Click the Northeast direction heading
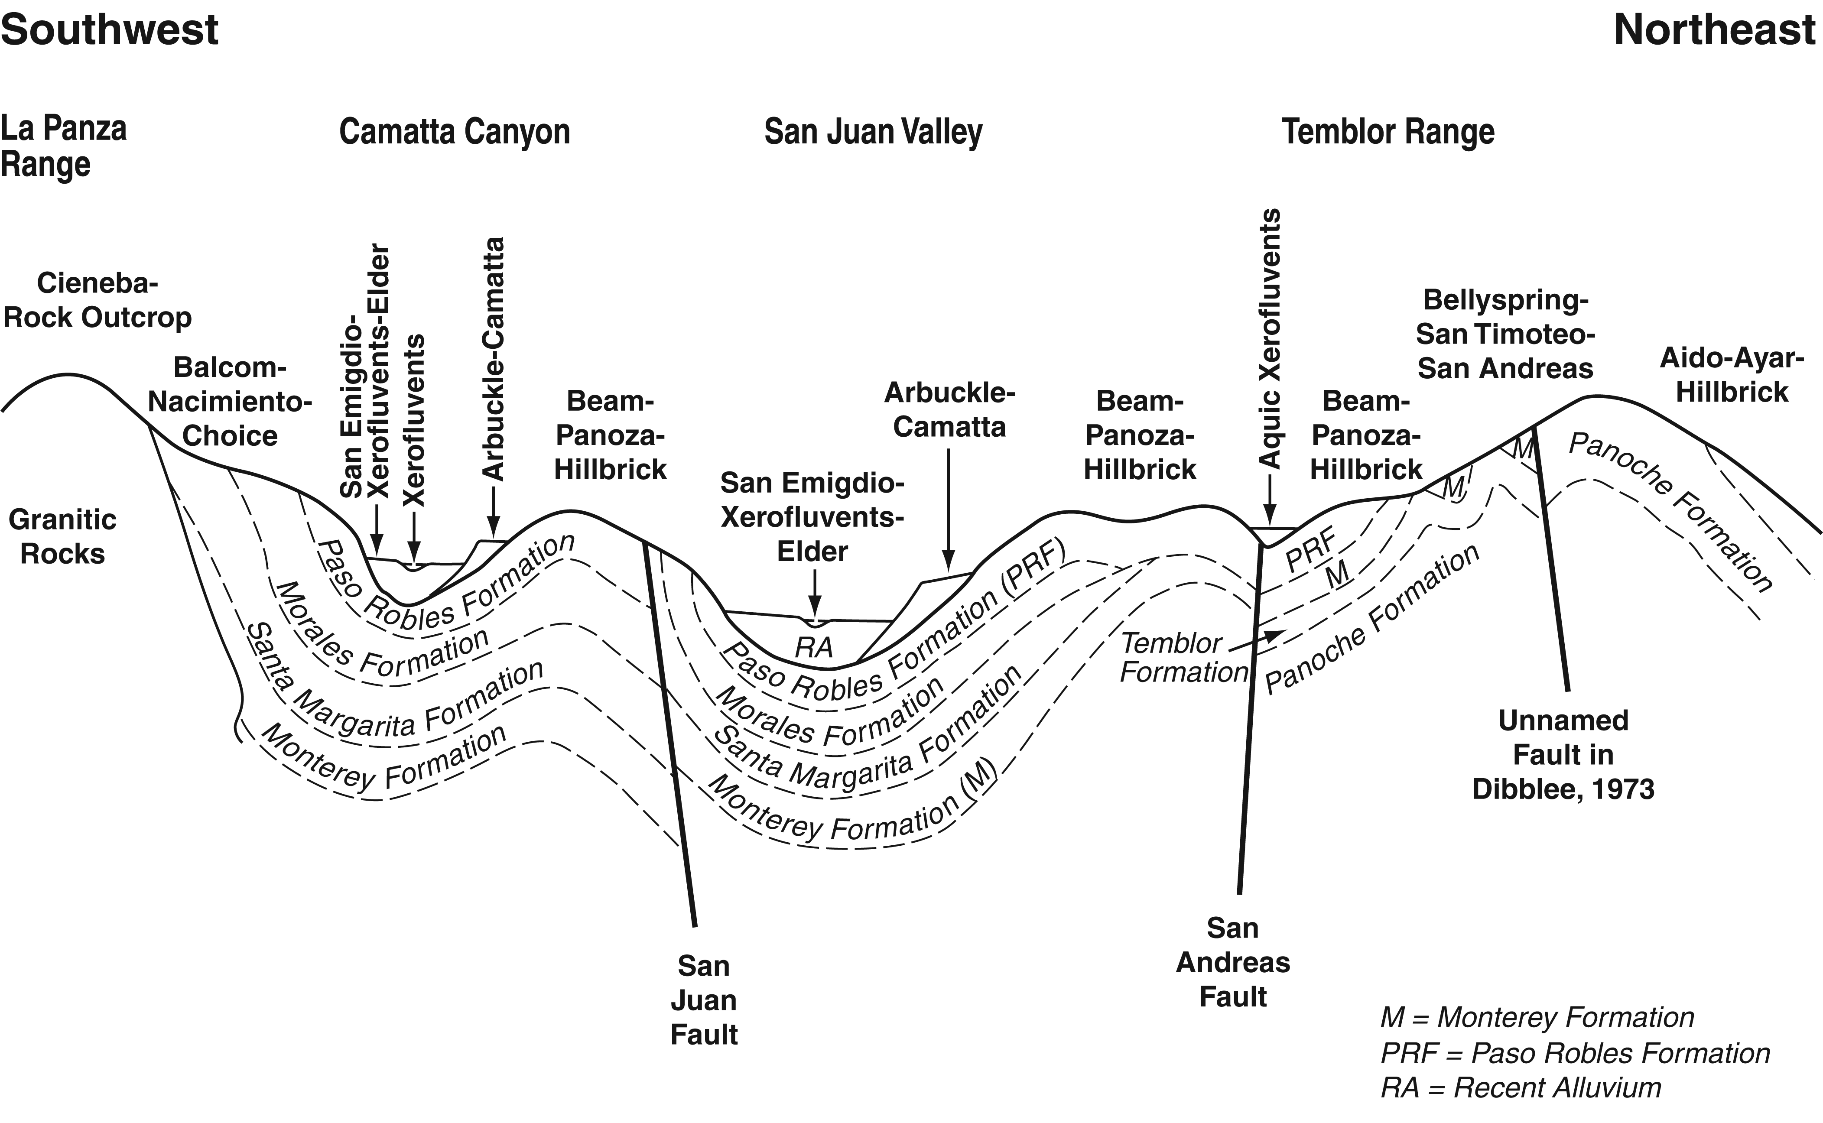point(1715,30)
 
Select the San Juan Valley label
point(873,132)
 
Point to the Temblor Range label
point(1388,132)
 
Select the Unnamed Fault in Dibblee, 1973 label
point(1563,755)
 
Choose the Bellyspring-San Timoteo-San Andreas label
point(1505,334)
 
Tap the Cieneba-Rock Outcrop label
point(97,300)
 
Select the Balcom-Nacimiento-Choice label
point(230,401)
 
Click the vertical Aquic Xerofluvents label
point(1271,338)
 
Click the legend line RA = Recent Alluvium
point(1521,1088)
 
